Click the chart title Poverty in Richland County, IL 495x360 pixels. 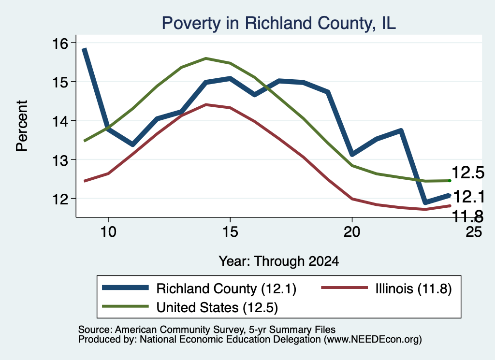tap(279, 23)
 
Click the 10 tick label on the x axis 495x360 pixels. tap(108, 232)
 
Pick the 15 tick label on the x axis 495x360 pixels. tap(230, 232)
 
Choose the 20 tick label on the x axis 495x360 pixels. tap(352, 232)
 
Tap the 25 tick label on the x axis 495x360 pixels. tap(474, 232)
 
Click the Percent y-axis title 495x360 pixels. tap(22, 126)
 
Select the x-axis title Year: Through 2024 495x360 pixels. tap(279, 261)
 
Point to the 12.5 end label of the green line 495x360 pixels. tap(468, 173)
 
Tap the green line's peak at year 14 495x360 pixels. tap(206, 58)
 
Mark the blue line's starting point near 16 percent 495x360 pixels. tap(84, 49)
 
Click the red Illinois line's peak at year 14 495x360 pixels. tap(206, 104)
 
